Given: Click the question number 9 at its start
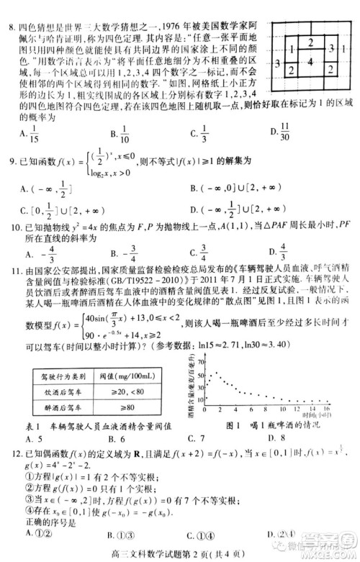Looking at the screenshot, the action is click(x=17, y=160).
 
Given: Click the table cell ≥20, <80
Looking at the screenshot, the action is click(x=125, y=393).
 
